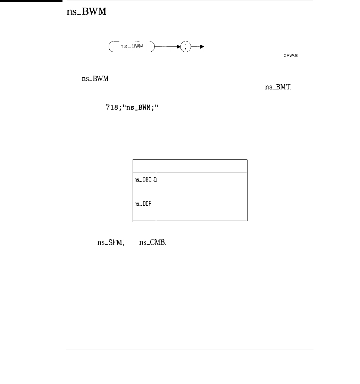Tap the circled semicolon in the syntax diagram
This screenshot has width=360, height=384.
point(185,46)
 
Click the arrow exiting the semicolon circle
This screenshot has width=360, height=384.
point(198,46)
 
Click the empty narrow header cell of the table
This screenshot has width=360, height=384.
point(144,165)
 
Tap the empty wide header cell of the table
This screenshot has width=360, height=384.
point(201,165)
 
